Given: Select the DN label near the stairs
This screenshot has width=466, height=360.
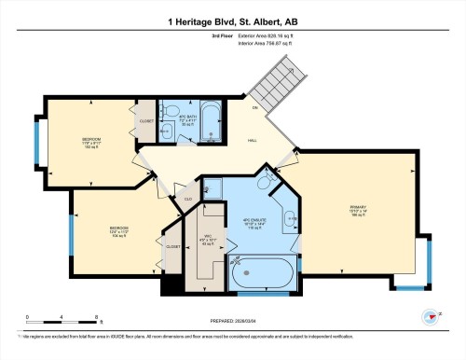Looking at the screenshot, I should (x=254, y=109).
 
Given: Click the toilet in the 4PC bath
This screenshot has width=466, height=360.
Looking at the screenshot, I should (x=165, y=133).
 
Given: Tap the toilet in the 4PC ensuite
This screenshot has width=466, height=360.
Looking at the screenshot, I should (x=212, y=187).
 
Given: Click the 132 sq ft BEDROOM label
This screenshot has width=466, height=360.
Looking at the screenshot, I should (x=90, y=142).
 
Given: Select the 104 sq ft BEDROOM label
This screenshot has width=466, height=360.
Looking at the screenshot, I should (x=118, y=230).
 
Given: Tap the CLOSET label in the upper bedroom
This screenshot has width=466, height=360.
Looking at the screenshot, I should (x=146, y=121).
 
